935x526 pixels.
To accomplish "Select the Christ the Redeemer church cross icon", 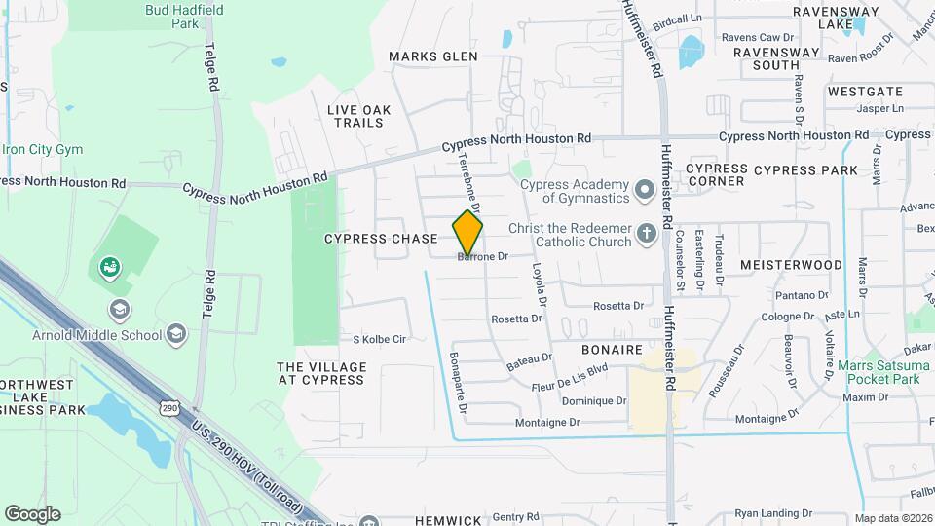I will tap(646, 234).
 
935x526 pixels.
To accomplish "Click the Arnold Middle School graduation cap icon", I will tap(176, 335).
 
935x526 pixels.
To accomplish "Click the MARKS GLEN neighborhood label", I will tap(432, 56).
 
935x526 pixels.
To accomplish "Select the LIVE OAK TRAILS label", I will tap(359, 116).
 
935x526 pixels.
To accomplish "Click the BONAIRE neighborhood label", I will tap(612, 349).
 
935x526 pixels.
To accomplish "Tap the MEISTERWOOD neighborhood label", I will tap(791, 265).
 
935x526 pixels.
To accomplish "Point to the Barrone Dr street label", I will tap(484, 257).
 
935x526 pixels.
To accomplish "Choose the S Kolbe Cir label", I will tap(378, 339).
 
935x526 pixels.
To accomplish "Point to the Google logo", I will tap(32, 514).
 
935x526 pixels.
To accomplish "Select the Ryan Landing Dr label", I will tap(773, 513).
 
